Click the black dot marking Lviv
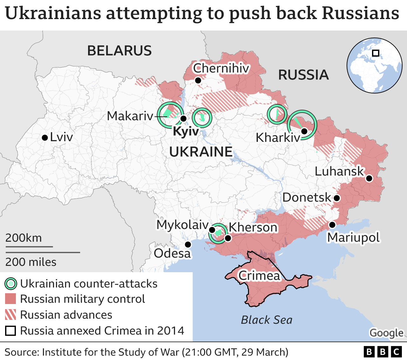click(45, 138)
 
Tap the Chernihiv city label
click(221, 68)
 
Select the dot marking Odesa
click(188, 244)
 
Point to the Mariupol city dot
click(332, 225)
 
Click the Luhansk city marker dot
click(369, 178)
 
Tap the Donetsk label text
click(307, 197)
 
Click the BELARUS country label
click(120, 51)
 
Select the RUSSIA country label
click(303, 75)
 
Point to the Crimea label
click(259, 275)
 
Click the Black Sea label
click(266, 320)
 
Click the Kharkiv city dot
click(304, 131)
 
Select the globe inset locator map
click(375, 66)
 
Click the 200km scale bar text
click(24, 238)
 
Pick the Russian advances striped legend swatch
click(10, 315)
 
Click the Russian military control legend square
click(10, 299)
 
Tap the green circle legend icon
click(11, 283)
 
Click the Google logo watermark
click(386, 333)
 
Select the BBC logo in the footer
click(383, 352)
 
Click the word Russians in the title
click(360, 13)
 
